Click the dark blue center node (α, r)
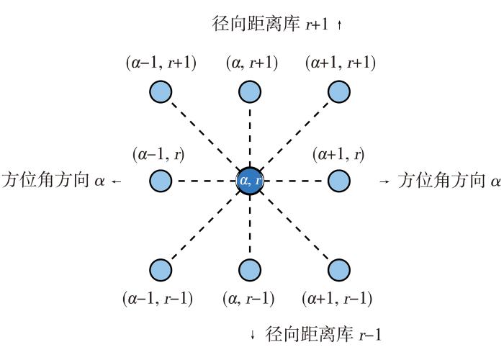[x=250, y=181]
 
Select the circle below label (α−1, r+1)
[x=161, y=92]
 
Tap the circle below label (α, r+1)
[x=250, y=92]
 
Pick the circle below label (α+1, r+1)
[x=339, y=92]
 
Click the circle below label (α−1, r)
[x=161, y=181]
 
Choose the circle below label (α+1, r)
[x=339, y=181]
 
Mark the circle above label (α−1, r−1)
[x=161, y=270]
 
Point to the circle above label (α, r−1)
[x=250, y=270]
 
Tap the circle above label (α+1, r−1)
[x=339, y=270]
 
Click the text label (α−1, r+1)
[x=161, y=63]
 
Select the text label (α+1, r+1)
[x=341, y=63]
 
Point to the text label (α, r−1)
[x=248, y=299]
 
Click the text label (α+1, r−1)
[x=337, y=299]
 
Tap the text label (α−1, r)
[x=158, y=155]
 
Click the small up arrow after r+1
[x=339, y=24]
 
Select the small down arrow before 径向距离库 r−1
[x=253, y=334]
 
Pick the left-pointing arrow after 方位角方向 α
[x=117, y=181]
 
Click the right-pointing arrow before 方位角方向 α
[x=384, y=181]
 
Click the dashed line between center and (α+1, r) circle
[x=293, y=181]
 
